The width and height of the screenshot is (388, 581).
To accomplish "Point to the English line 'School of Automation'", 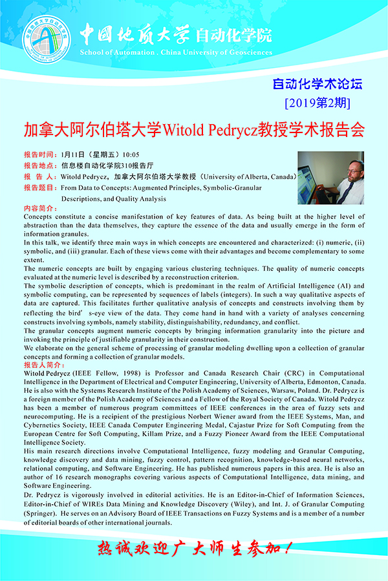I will tap(116, 52).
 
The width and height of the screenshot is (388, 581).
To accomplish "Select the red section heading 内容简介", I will tap(40, 209).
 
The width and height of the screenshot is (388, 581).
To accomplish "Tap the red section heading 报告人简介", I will tap(43, 364).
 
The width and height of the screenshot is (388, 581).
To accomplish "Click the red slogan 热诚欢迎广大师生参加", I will tap(193, 549).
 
